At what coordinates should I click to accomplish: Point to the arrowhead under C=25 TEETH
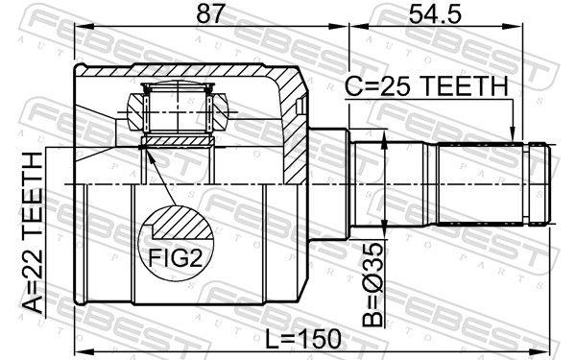[515, 135]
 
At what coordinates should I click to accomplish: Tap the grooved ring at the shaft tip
[540, 183]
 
